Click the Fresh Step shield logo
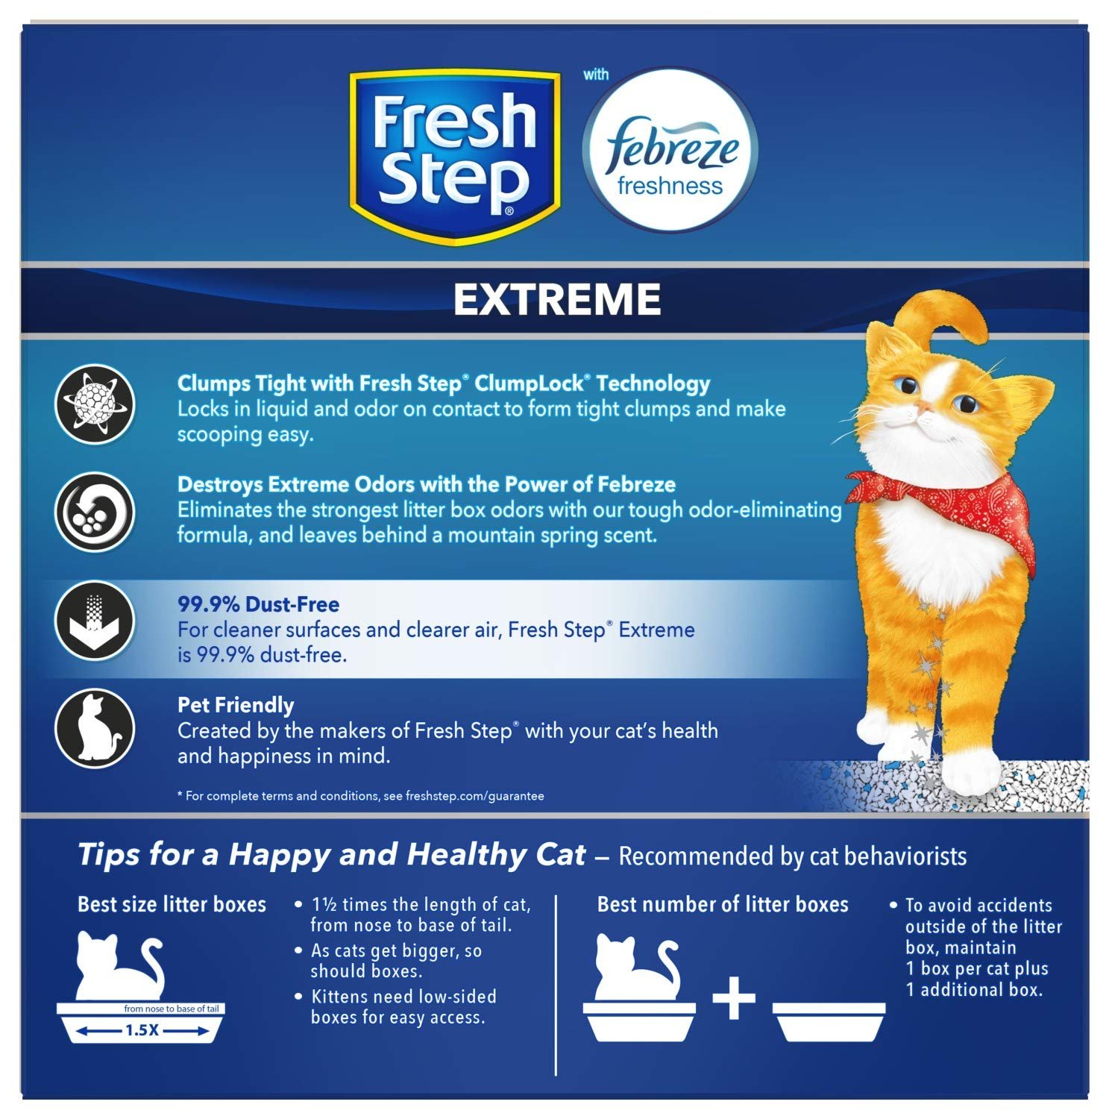pos(454,156)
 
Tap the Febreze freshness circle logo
pos(670,149)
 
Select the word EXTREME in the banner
pos(557,299)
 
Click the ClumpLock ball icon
pos(95,405)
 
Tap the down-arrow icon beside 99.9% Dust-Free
pos(95,621)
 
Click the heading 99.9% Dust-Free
pos(258,604)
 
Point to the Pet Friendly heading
pos(236,706)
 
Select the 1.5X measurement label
pos(142,1031)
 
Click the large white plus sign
pos(734,998)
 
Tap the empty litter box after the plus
pos(829,1021)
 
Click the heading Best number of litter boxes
pos(723,905)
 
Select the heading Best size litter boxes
pos(172,905)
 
